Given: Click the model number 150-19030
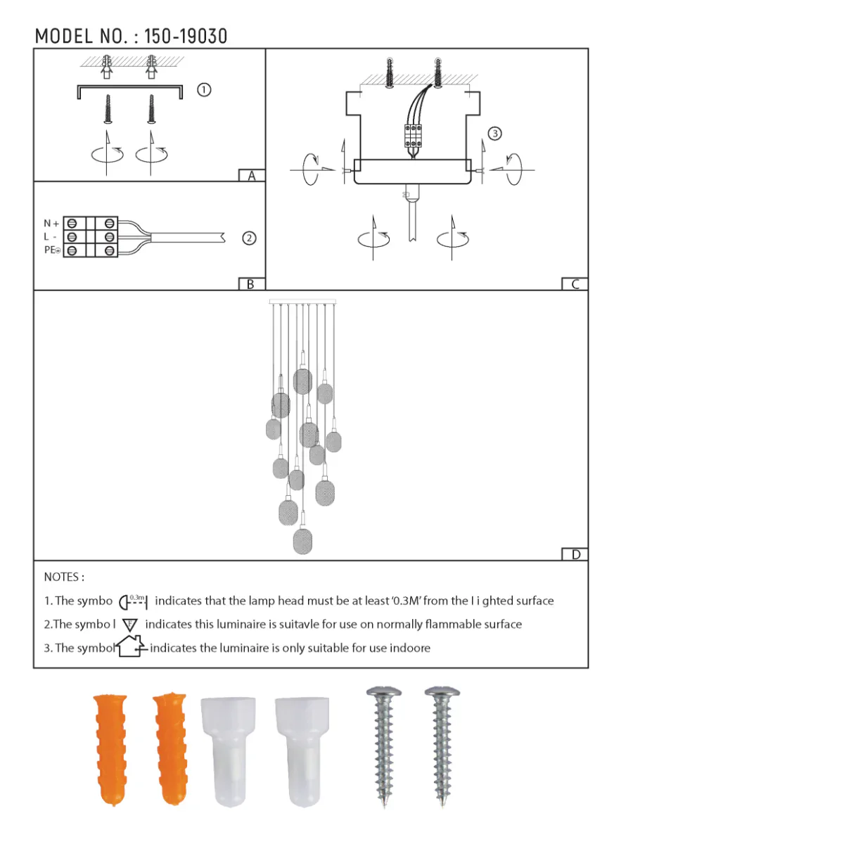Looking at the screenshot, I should [186, 37].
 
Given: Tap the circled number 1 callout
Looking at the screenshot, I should [204, 90].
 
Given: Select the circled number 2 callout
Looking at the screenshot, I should [249, 238].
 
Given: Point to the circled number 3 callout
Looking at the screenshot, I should [495, 134].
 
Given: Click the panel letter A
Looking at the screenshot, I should [252, 176].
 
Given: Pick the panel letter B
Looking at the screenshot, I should [251, 284].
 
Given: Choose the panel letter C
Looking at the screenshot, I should [575, 284].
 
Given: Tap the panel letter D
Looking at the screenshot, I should [575, 554].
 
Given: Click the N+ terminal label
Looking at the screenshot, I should [51, 224].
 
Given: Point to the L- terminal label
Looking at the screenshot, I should [50, 237].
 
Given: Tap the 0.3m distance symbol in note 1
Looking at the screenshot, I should [133, 601].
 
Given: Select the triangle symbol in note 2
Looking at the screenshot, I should [130, 625].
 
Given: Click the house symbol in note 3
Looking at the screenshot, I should [131, 646].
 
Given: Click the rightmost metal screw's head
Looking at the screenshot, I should [442, 693].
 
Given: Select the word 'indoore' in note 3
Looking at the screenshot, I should [410, 648].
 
